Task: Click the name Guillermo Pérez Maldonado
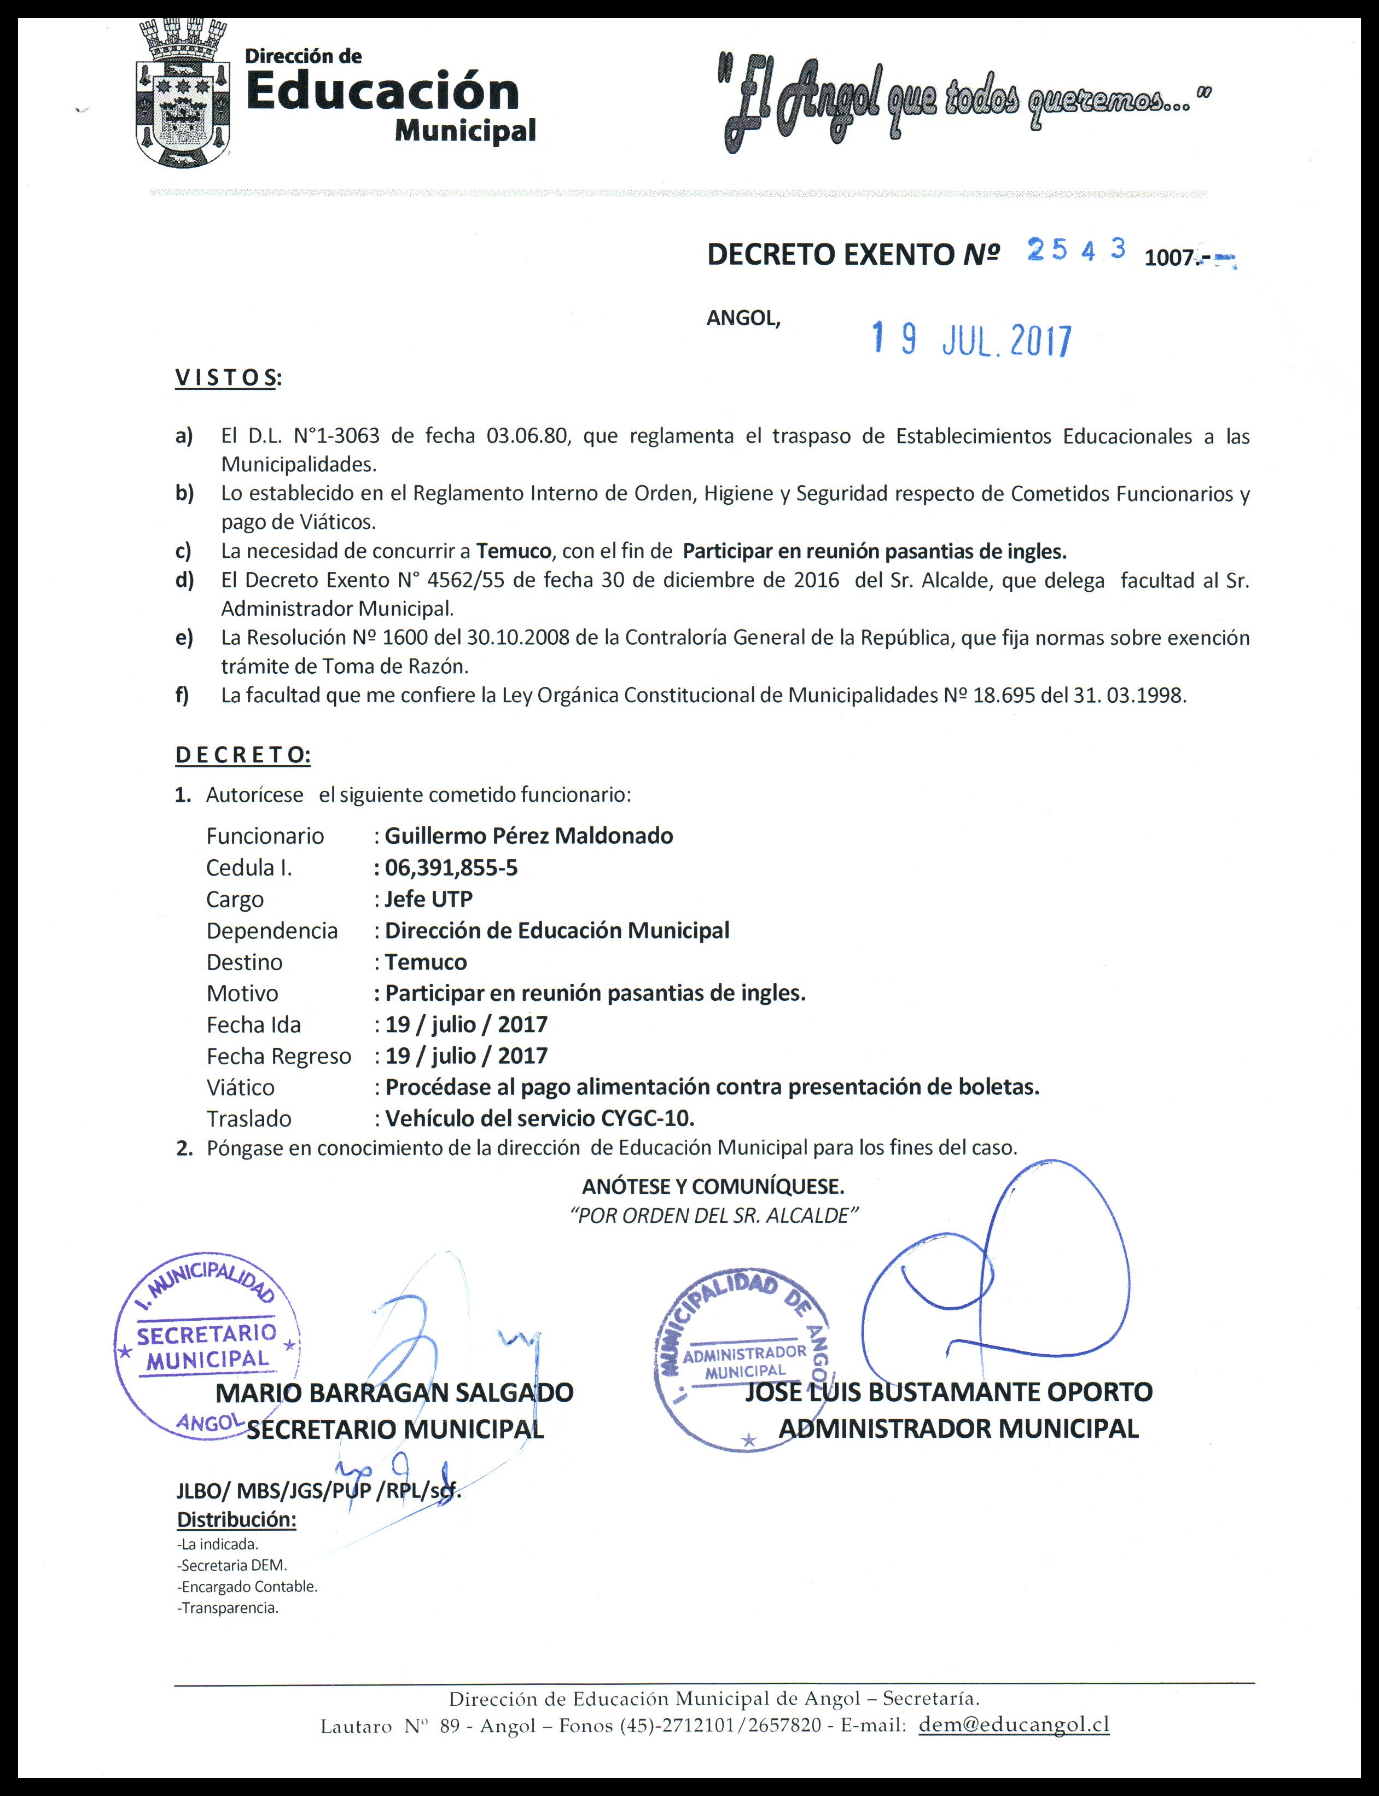coord(528,836)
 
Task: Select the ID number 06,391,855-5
coord(451,867)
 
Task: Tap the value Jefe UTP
coord(428,899)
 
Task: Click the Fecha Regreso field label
coord(278,1056)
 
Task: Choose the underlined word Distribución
coord(236,1519)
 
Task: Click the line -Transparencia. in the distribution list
coord(228,1607)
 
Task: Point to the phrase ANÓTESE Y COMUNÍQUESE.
coord(713,1186)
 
